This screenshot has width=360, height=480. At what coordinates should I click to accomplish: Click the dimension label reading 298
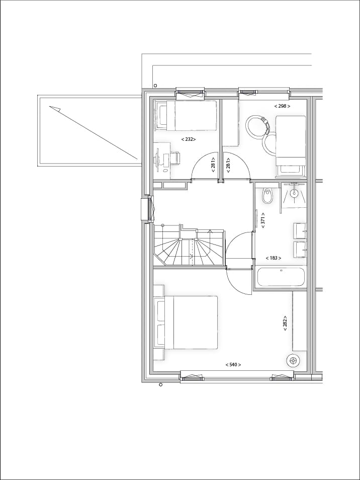(282, 106)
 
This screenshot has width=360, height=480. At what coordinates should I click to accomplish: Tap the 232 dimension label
(189, 139)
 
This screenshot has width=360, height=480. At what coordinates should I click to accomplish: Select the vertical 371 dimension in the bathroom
(262, 220)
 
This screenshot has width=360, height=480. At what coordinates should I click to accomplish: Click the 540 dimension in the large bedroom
(233, 364)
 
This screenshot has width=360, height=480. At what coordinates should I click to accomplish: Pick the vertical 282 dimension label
(285, 322)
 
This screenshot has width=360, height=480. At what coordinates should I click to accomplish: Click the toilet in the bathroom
(267, 195)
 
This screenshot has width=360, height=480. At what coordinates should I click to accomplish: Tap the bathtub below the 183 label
(281, 276)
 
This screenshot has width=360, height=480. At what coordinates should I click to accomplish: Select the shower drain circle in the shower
(295, 193)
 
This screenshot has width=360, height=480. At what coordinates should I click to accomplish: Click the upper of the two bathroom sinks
(300, 230)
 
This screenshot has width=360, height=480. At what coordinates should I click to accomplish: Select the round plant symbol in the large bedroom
(293, 360)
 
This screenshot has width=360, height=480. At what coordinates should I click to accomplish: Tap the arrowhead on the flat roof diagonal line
(55, 108)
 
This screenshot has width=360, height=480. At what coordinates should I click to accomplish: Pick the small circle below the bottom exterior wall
(160, 385)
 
